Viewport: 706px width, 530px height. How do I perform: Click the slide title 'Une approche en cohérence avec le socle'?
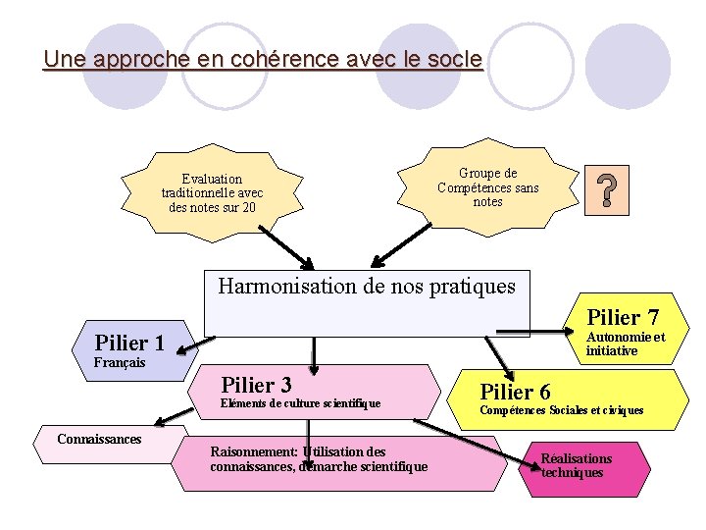[x=263, y=59]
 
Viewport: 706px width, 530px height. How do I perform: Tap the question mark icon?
[x=607, y=190]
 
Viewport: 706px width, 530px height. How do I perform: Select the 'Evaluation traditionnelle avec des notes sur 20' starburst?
[x=213, y=193]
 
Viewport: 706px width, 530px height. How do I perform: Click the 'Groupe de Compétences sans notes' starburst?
[x=488, y=187]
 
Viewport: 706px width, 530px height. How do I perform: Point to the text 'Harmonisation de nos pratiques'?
[x=366, y=287]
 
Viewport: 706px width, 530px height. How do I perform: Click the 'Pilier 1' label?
[x=129, y=343]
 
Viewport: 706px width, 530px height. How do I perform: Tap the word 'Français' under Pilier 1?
[x=120, y=363]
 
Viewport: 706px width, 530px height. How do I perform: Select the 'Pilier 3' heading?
[x=257, y=384]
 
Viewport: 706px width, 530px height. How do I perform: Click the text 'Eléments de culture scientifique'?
[x=300, y=403]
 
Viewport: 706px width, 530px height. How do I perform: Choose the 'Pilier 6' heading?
[x=515, y=392]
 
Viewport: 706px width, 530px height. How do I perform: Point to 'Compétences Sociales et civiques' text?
[x=562, y=410]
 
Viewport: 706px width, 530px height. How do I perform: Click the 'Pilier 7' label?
[x=623, y=317]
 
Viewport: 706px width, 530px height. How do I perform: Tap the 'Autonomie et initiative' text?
[x=625, y=344]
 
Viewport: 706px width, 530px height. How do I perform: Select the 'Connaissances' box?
[x=99, y=439]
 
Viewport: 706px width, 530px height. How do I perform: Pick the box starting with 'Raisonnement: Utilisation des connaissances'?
[x=319, y=459]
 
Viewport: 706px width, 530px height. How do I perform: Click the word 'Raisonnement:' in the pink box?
[x=254, y=451]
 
